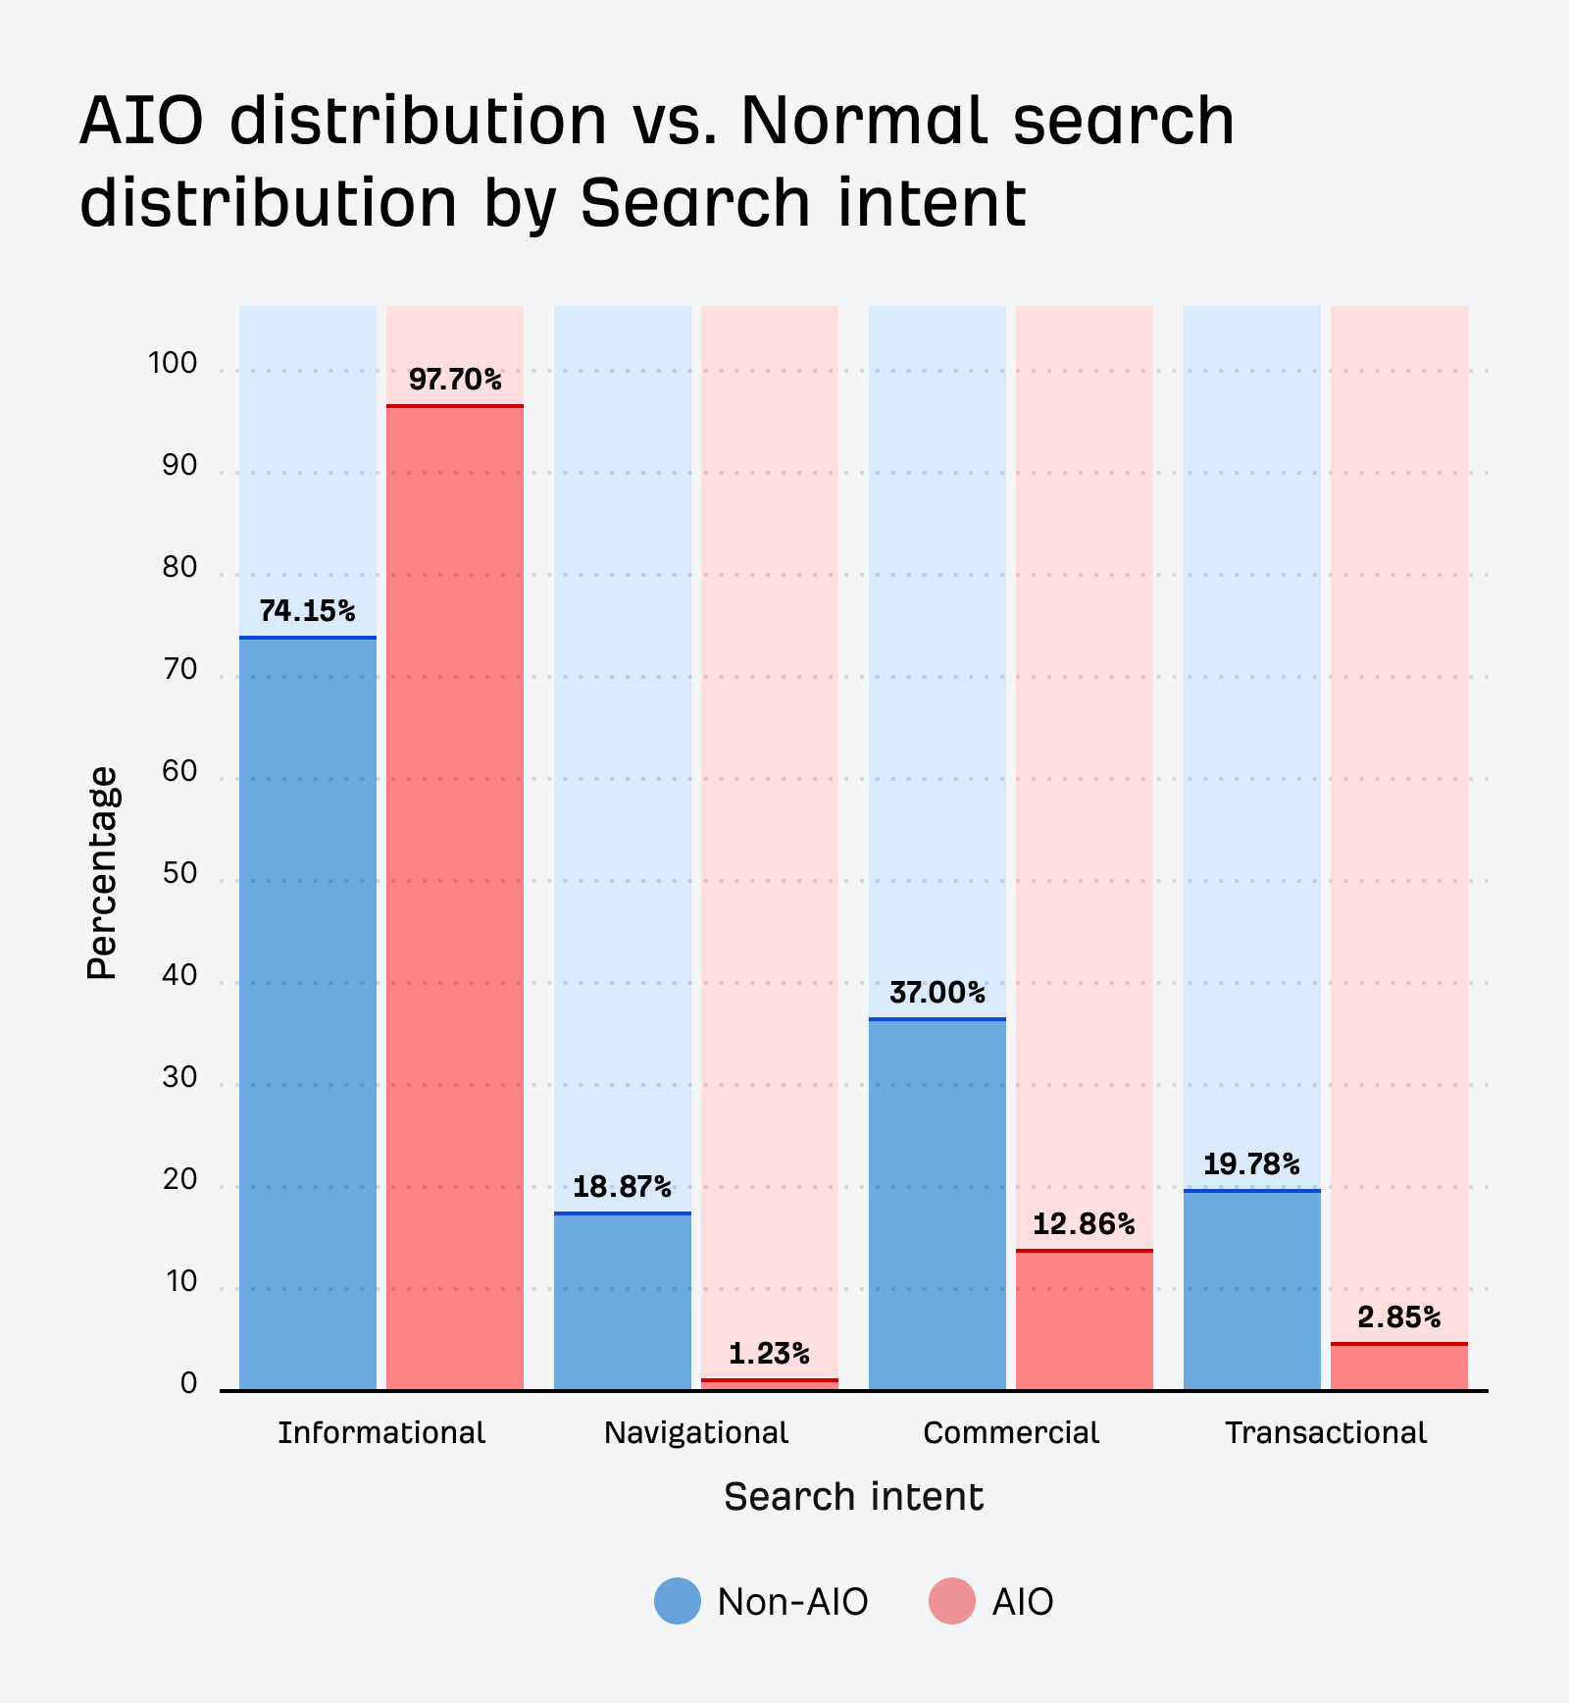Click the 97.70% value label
(x=455, y=380)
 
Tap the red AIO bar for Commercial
(x=1084, y=1319)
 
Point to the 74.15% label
(x=307, y=612)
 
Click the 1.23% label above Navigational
(x=769, y=1355)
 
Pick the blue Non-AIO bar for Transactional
(x=1251, y=1290)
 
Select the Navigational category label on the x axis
(x=695, y=1433)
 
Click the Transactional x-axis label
(x=1326, y=1433)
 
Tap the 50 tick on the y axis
(x=179, y=874)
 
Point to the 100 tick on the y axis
(x=173, y=364)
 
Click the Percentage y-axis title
(x=102, y=873)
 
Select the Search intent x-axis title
(x=853, y=1498)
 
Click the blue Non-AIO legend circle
(x=678, y=1601)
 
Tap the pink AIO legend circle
(x=952, y=1601)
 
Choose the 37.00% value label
(x=937, y=994)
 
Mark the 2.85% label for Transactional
(x=1399, y=1317)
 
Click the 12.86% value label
(x=1084, y=1224)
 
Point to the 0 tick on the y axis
(x=188, y=1384)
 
